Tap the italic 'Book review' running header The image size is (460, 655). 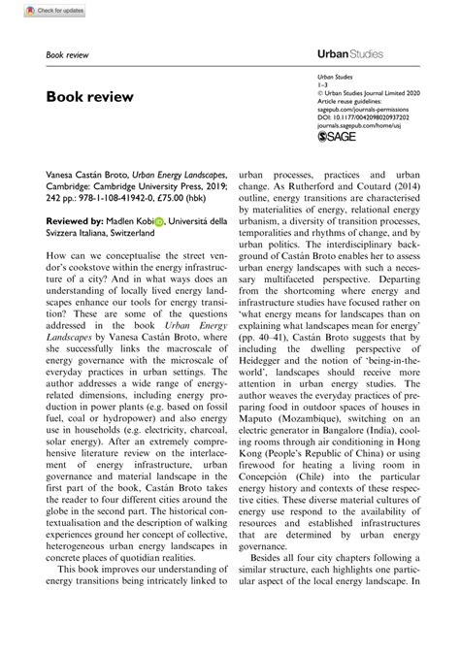(x=68, y=55)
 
